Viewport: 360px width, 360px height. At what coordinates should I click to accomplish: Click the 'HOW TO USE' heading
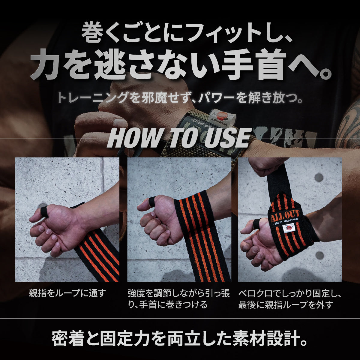point(179,138)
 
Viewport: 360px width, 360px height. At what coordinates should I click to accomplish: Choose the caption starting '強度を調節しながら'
point(179,299)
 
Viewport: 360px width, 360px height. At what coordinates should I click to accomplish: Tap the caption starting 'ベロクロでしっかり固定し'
point(290,299)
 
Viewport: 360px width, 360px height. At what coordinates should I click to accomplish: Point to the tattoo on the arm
point(349,126)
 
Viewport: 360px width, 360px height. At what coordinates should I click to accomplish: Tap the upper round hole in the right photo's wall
point(319,177)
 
